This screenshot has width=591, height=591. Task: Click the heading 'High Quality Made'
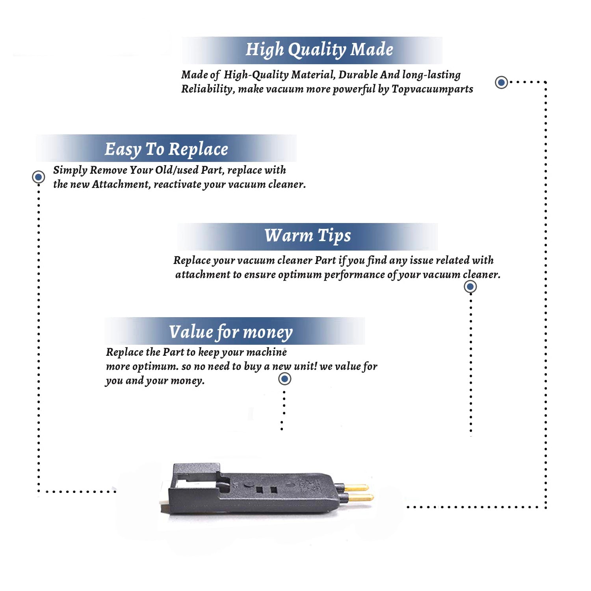click(x=319, y=50)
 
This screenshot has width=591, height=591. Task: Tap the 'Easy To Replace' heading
click(x=166, y=149)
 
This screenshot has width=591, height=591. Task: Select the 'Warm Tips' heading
click(x=307, y=236)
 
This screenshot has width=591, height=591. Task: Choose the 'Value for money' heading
click(x=231, y=332)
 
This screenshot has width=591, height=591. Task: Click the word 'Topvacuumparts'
click(x=432, y=89)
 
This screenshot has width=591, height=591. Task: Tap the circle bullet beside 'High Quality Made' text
click(x=501, y=82)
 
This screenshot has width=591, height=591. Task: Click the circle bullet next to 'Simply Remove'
click(x=38, y=177)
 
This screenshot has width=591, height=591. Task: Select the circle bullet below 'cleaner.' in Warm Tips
click(x=470, y=286)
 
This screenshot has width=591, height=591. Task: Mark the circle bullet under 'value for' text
click(x=284, y=379)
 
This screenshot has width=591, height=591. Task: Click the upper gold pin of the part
click(x=357, y=488)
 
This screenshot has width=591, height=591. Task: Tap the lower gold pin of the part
click(x=361, y=498)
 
